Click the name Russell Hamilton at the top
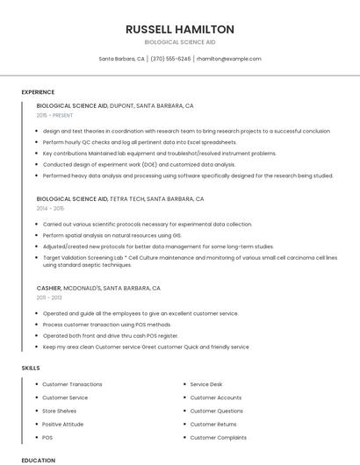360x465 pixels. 179,29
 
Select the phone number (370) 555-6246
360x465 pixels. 170,59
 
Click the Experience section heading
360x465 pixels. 38,92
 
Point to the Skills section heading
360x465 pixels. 31,368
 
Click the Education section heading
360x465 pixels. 38,460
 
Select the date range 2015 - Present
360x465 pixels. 55,115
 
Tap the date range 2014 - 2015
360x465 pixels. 50,209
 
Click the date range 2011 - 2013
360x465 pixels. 49,298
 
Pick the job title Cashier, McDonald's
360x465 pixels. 98,288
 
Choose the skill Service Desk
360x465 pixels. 206,384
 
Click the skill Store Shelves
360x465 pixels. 60,411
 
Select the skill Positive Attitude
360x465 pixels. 64,424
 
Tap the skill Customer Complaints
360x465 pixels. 218,437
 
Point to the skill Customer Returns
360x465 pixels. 213,424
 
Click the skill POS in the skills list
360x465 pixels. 47,437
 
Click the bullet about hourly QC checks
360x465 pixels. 140,142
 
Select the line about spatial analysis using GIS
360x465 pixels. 112,235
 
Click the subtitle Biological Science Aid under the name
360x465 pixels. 179,42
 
